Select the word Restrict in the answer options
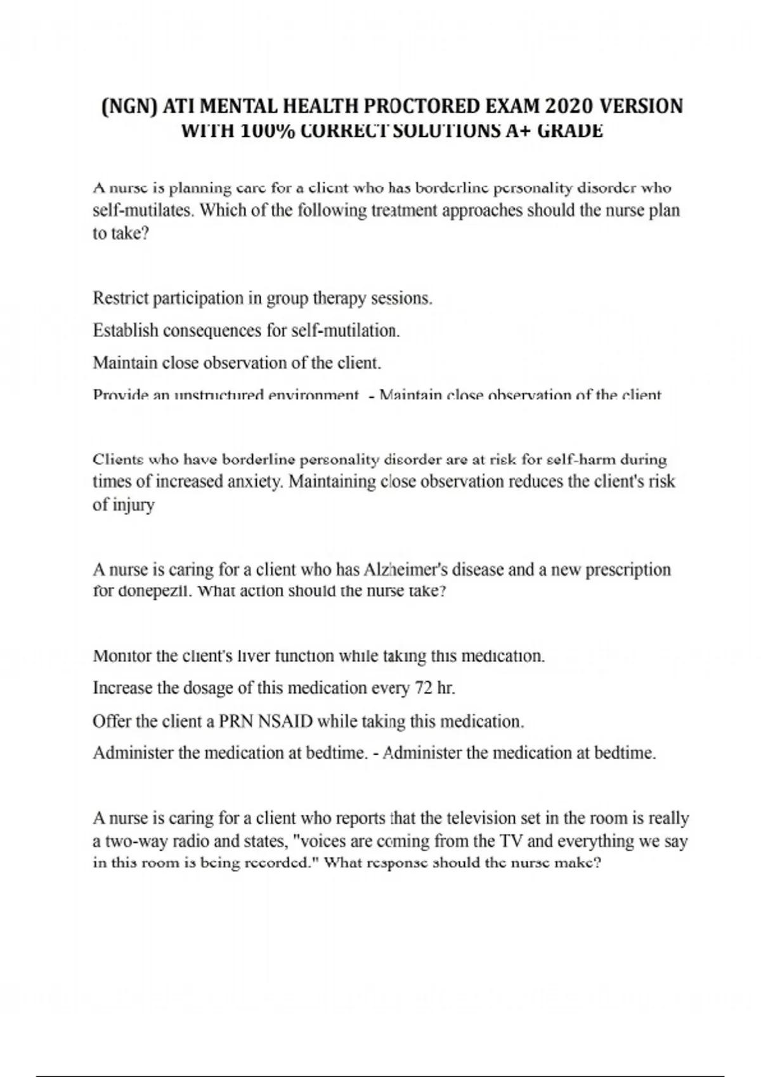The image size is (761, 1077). [120, 298]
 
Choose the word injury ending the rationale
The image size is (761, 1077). [133, 506]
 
